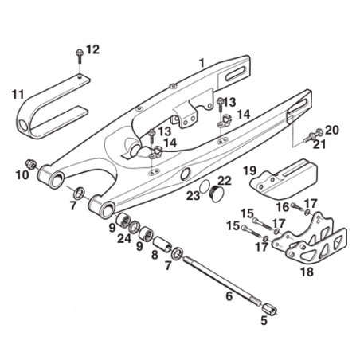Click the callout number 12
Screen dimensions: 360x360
click(x=93, y=49)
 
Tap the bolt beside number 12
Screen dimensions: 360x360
click(x=79, y=56)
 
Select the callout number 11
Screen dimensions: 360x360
click(x=18, y=95)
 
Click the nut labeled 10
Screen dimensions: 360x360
click(x=30, y=165)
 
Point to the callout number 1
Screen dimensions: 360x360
click(x=202, y=63)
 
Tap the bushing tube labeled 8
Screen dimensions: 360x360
click(x=162, y=244)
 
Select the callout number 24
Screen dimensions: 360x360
click(x=124, y=238)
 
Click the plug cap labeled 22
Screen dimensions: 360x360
click(x=217, y=195)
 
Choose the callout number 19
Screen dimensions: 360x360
click(x=249, y=171)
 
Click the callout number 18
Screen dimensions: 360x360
click(x=307, y=272)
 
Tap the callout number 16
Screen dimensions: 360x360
click(x=283, y=207)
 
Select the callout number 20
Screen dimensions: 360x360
click(x=332, y=130)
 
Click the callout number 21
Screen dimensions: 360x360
click(x=319, y=144)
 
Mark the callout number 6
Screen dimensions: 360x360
click(x=229, y=295)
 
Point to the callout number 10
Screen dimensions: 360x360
click(x=22, y=175)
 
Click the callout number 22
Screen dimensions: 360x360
click(x=225, y=181)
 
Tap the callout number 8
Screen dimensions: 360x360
click(x=155, y=255)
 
